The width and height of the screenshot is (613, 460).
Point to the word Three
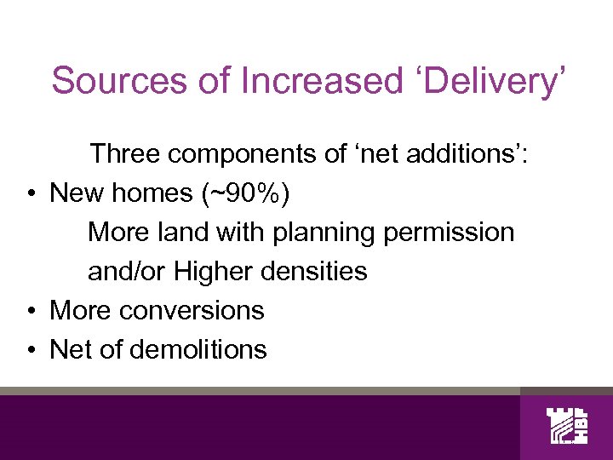(x=125, y=154)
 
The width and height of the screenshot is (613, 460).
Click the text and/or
(x=127, y=272)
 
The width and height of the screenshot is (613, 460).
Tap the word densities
(x=315, y=272)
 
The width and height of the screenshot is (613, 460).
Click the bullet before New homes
(x=29, y=194)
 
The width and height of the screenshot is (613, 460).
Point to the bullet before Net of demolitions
(x=29, y=350)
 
